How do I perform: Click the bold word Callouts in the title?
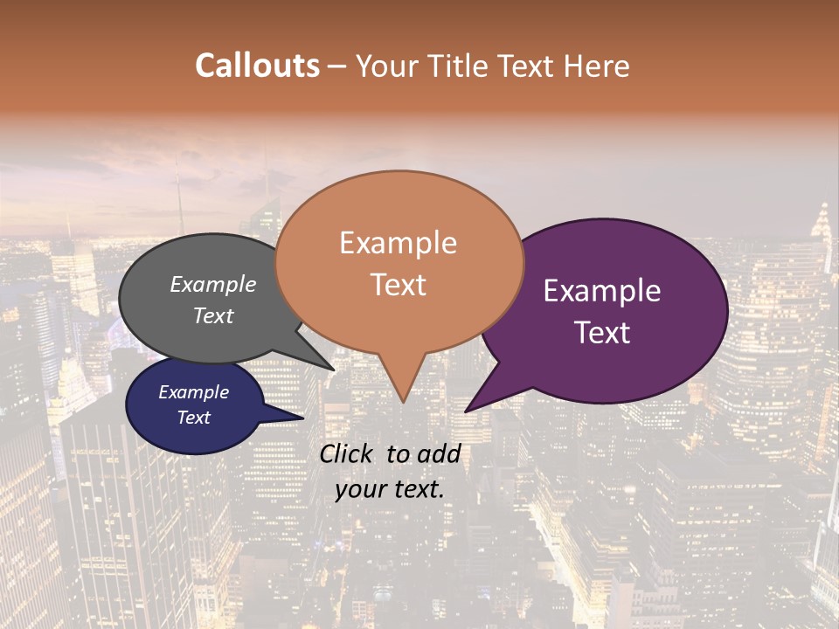click(x=257, y=66)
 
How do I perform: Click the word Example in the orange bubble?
click(x=398, y=243)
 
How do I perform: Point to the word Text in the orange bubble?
click(x=398, y=284)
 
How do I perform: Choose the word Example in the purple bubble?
click(x=602, y=291)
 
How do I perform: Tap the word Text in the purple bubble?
click(x=602, y=332)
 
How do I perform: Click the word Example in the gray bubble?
click(x=212, y=284)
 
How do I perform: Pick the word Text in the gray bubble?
click(x=212, y=315)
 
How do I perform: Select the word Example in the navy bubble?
click(x=193, y=392)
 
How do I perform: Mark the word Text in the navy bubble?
click(x=193, y=418)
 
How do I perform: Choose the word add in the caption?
click(x=440, y=453)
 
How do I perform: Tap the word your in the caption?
click(x=358, y=489)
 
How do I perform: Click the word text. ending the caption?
click(x=415, y=489)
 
